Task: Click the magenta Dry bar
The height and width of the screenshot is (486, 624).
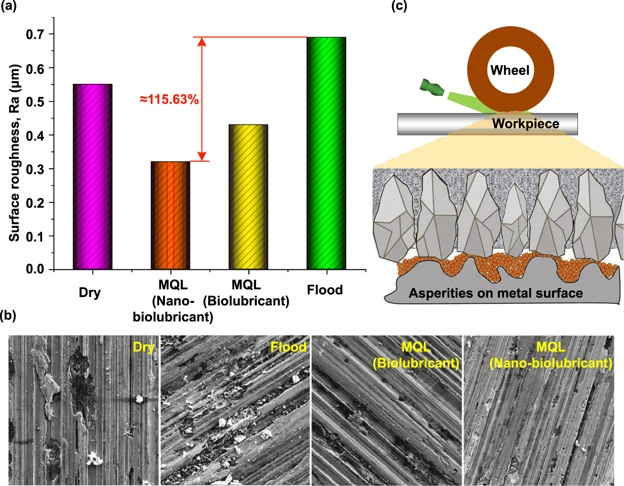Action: pos(92,176)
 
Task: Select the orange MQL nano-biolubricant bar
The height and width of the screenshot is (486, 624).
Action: pos(170,215)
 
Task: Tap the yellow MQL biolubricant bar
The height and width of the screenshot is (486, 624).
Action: pos(248,197)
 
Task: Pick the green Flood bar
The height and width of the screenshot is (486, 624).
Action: pos(326,153)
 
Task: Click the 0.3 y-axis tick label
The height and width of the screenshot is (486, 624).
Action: pos(35,169)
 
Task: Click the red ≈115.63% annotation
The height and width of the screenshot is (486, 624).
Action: pos(169,99)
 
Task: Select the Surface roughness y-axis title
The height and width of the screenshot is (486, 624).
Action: pos(14,153)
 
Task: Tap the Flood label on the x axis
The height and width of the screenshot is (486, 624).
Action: pos(325,290)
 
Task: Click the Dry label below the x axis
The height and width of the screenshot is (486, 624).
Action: pos(90,292)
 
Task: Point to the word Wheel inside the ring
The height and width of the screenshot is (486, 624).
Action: pos(510,70)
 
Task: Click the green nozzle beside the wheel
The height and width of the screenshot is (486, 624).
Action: pos(431,87)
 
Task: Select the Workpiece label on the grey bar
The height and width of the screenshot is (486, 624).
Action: pos(525,124)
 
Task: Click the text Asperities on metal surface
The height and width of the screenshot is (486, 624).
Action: pos(496,293)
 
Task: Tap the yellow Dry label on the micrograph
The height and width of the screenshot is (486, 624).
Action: pos(144,347)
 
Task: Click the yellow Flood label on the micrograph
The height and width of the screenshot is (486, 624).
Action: pos(288,347)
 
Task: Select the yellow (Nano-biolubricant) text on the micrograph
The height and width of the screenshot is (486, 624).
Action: pos(551,363)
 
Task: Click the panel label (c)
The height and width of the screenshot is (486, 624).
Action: pos(399,6)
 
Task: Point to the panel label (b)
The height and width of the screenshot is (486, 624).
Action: pos(8,315)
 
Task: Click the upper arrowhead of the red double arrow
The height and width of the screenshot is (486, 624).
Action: pos(202,41)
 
